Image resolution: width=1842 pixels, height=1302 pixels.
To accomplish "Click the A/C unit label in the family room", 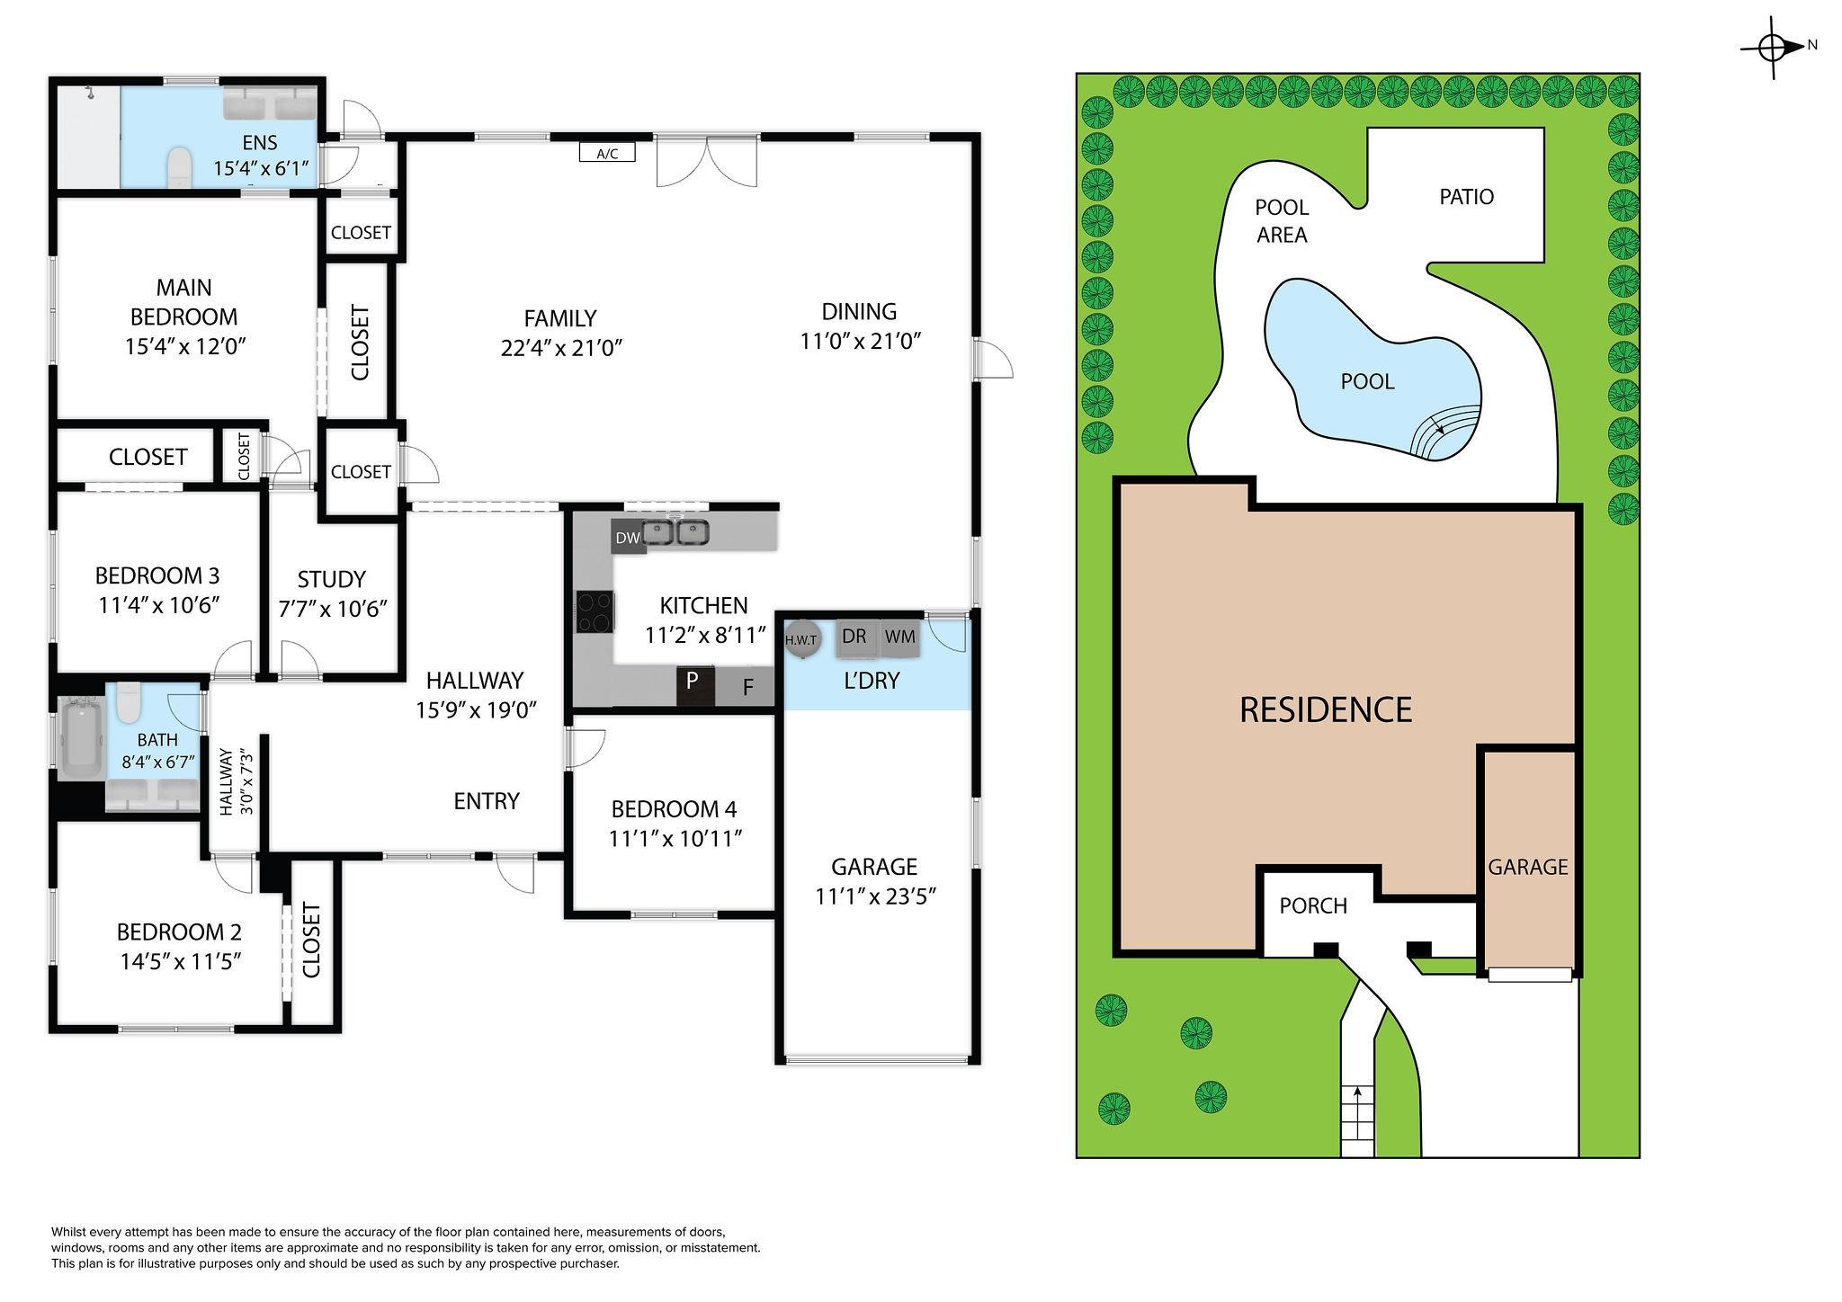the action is point(607,153).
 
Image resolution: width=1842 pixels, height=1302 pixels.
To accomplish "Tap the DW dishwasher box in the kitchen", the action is point(628,538).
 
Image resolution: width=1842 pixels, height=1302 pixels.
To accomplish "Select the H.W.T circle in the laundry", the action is point(800,639).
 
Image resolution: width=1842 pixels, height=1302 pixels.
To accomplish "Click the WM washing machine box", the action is point(899,638).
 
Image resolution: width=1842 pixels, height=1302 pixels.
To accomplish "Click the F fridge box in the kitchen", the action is point(746,687).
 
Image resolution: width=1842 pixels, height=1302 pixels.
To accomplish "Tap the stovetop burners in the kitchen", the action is point(595,612).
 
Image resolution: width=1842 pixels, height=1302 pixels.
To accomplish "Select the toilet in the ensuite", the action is point(181,167).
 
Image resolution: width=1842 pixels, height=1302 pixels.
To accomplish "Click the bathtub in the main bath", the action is point(82,740).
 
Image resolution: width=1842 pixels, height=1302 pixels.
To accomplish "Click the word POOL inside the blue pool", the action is point(1367,381).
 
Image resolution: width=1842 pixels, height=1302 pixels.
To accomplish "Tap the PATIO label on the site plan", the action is point(1466,197).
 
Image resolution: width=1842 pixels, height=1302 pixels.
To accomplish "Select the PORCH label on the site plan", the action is point(1313,905).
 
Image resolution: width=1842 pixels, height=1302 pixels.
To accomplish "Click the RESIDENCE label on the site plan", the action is point(1326,709).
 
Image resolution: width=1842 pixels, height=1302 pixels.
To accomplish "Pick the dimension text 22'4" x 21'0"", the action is point(562,348).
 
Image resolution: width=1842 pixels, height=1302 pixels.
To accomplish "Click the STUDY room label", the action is point(331,579).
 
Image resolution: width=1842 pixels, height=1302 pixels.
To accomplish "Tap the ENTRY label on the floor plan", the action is point(487,801).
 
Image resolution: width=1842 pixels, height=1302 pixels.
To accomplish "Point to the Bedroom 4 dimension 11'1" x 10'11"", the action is point(675,838).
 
